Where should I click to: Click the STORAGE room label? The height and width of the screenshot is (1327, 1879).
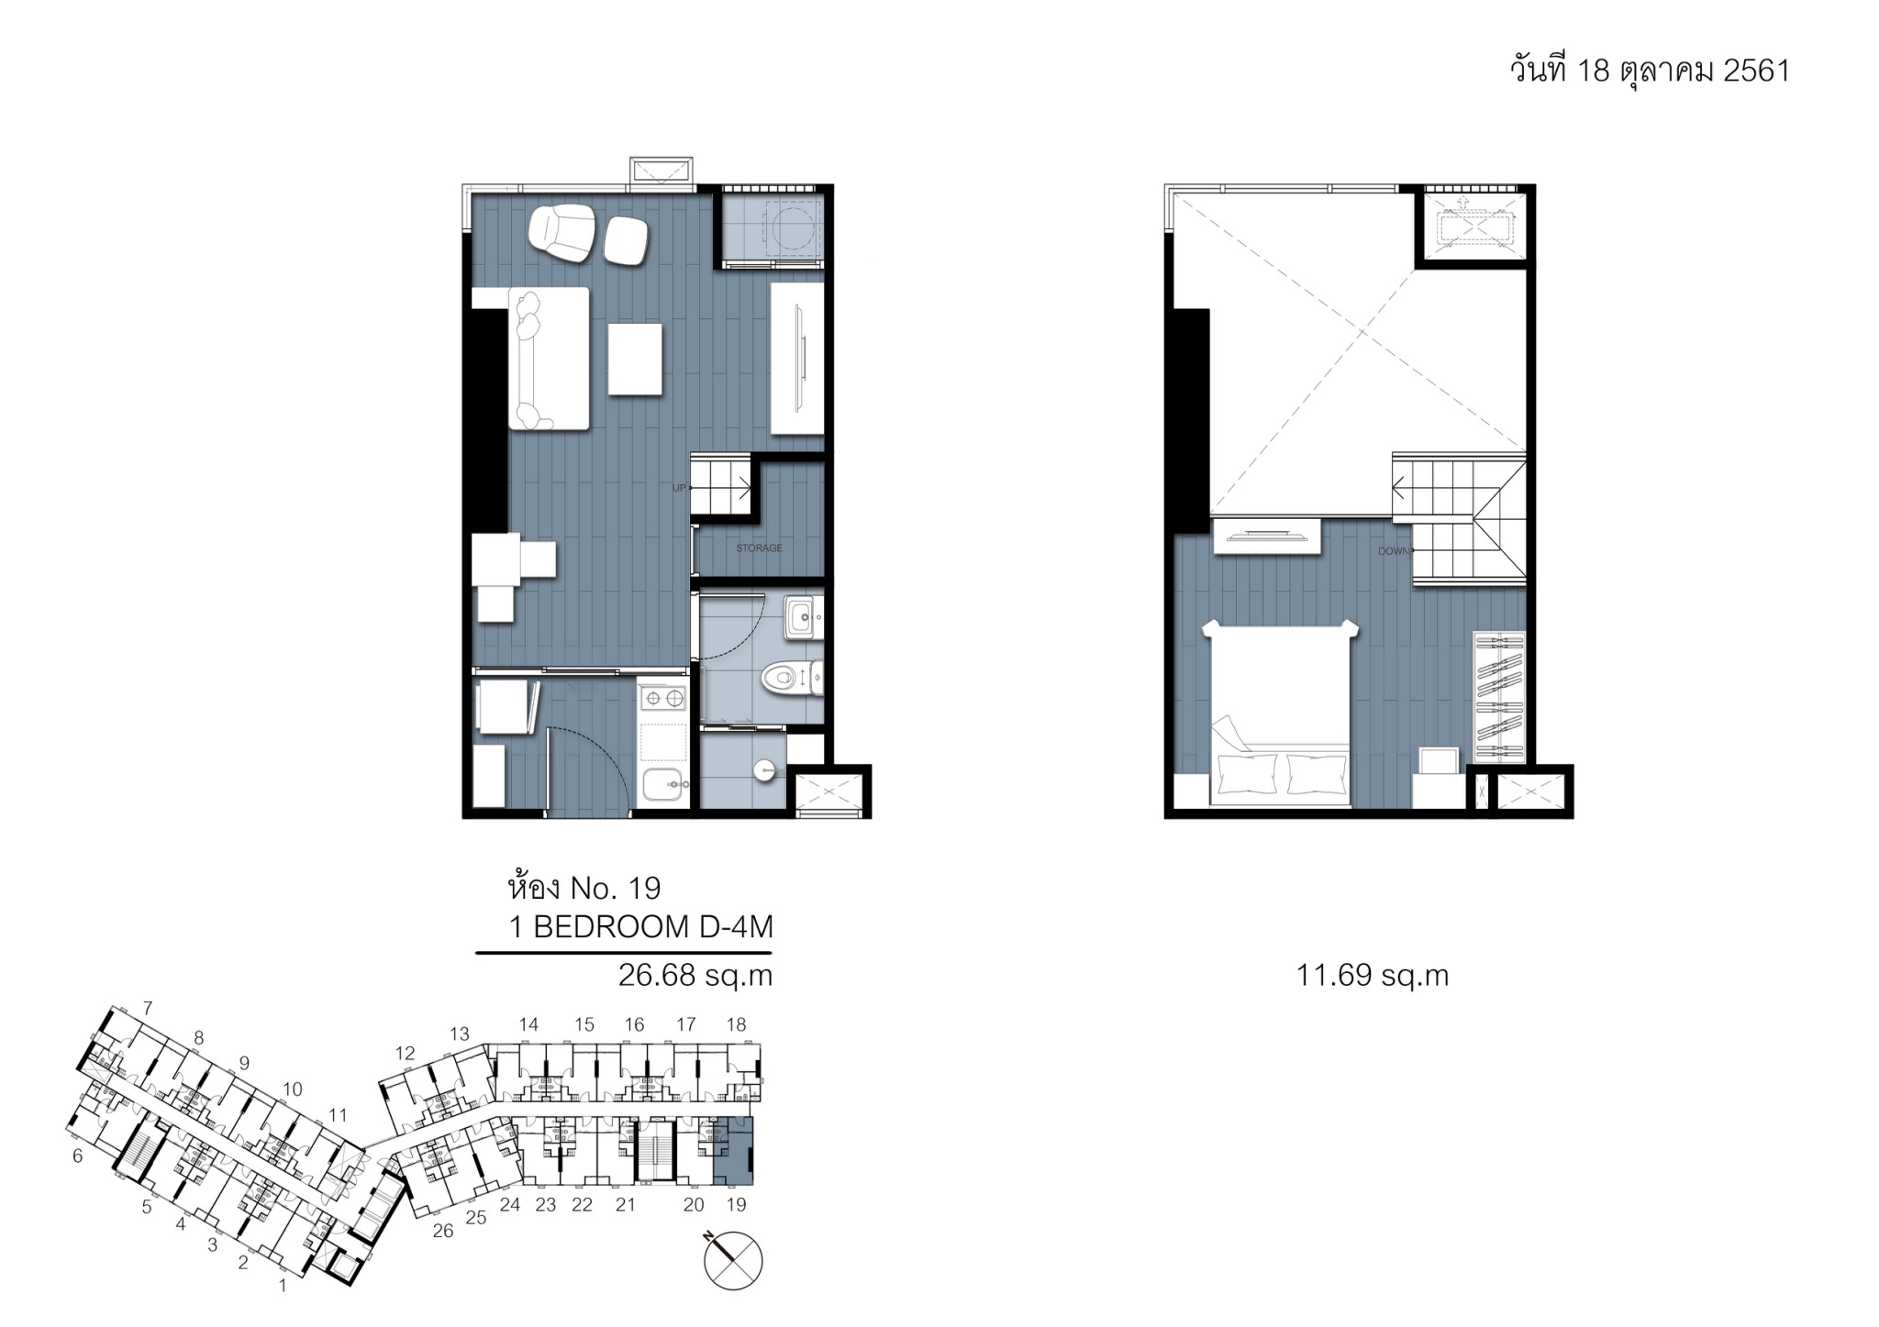point(759,548)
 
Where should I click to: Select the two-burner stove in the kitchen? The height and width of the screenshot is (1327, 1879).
point(663,698)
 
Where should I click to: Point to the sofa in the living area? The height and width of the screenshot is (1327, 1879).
point(549,358)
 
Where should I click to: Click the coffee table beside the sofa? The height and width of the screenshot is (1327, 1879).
point(635,360)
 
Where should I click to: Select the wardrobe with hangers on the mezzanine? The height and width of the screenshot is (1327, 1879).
point(1497,697)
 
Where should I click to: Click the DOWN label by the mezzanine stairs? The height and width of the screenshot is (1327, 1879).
point(1393,551)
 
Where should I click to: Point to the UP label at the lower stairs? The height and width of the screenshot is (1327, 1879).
point(679,488)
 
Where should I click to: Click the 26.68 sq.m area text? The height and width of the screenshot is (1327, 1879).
point(695,976)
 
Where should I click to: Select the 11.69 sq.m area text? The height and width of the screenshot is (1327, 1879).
point(1372,976)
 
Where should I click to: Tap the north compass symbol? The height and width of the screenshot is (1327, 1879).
point(733,1260)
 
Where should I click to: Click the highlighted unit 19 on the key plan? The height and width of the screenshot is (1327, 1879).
point(733,1152)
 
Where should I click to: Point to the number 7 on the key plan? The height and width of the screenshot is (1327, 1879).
point(147,1009)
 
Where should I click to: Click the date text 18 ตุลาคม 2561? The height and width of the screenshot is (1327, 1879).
point(1683,71)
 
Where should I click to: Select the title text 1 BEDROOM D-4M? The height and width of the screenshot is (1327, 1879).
point(640,927)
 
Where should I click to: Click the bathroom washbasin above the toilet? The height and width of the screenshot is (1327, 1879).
point(803,617)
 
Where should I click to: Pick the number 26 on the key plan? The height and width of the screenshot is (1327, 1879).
point(443,1231)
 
